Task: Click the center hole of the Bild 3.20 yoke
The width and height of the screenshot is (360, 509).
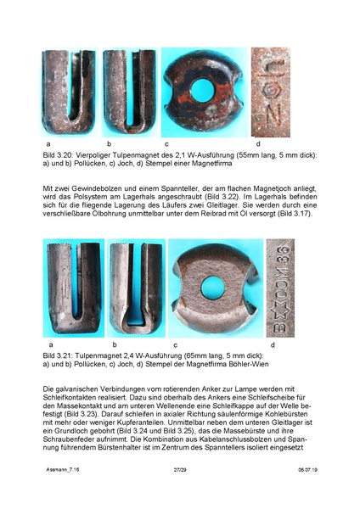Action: (203, 87)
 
